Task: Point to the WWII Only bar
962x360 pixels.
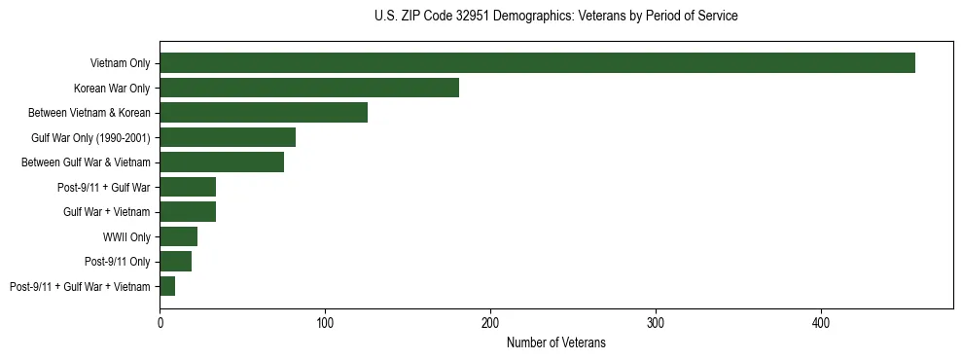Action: (x=179, y=236)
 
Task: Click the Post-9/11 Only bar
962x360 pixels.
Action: (x=176, y=261)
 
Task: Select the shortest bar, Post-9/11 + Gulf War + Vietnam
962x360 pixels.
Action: (x=167, y=286)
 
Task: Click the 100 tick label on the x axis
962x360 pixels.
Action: (x=325, y=321)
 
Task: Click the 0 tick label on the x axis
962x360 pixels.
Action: (x=160, y=321)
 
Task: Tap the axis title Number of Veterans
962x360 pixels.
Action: (x=556, y=342)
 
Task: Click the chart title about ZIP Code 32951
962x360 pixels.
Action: (x=555, y=17)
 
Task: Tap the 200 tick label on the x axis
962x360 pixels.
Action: (x=490, y=321)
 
